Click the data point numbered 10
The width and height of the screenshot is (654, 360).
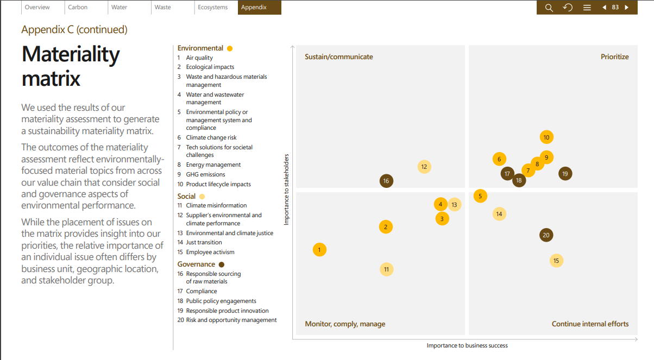point(546,137)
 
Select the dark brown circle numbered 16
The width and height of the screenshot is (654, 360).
point(386,181)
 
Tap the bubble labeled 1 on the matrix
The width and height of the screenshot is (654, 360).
point(319,250)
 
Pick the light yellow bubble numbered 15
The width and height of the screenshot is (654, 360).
point(556,261)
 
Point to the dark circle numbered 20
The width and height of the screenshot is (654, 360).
point(546,235)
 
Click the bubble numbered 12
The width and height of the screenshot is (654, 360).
point(424,167)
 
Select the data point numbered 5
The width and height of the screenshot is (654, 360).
point(480,196)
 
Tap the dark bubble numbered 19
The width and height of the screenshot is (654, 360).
point(565,174)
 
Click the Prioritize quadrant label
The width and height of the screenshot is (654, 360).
point(614,56)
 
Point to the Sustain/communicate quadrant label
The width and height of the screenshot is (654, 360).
point(339,56)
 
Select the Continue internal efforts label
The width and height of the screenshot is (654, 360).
point(590,324)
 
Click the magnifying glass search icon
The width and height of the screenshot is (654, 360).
point(549,8)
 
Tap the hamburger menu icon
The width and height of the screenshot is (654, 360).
point(587,8)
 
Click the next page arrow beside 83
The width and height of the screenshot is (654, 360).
point(626,7)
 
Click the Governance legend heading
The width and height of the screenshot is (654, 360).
point(196,264)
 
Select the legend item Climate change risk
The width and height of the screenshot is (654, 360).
point(211,137)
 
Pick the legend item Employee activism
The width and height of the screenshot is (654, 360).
point(210,252)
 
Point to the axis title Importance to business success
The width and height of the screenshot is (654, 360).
point(467,345)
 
